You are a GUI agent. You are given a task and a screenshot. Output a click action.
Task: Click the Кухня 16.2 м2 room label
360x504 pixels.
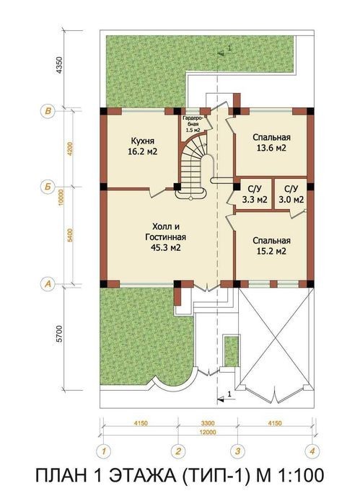(x=143, y=146)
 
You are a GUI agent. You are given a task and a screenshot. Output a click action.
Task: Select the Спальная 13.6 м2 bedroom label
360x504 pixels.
(x=271, y=142)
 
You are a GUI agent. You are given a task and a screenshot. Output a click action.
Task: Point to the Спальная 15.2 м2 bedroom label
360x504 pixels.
(x=271, y=246)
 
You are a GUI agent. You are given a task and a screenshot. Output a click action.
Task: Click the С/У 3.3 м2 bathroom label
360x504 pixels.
(x=255, y=194)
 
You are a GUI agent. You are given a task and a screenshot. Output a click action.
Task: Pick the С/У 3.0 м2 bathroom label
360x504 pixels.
(x=291, y=194)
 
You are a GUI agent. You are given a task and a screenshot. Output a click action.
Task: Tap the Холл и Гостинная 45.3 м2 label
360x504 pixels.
(x=166, y=237)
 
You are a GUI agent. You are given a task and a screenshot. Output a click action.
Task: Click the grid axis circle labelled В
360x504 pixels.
(x=48, y=111)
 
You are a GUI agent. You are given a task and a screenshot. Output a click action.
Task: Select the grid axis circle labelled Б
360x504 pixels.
(x=48, y=187)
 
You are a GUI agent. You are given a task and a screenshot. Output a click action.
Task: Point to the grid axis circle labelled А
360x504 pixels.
(x=48, y=284)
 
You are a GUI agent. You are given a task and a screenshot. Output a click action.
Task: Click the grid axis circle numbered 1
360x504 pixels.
(x=104, y=451)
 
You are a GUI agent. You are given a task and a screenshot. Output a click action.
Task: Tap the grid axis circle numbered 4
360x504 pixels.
(x=312, y=451)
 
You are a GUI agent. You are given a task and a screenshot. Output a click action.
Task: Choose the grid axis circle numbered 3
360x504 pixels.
(x=238, y=451)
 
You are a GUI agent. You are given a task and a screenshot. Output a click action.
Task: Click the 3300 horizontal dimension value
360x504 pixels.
(x=208, y=423)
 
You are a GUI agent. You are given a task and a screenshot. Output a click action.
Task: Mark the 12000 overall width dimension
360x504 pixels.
(x=208, y=433)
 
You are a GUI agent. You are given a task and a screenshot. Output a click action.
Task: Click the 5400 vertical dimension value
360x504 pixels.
(x=71, y=235)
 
